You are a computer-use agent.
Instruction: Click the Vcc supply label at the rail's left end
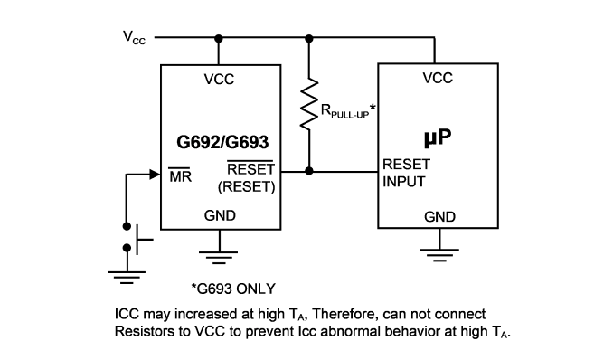(x=134, y=38)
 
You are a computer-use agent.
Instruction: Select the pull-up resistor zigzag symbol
(x=309, y=103)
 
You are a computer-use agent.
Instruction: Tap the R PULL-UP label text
(x=348, y=110)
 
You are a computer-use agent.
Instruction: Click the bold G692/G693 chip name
(x=222, y=142)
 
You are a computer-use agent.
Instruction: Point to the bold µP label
(x=438, y=137)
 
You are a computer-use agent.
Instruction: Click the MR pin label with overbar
(x=180, y=175)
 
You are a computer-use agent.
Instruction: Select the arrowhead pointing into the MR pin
(x=155, y=175)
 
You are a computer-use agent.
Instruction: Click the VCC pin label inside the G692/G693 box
(x=219, y=80)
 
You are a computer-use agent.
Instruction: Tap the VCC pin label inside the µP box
(x=438, y=78)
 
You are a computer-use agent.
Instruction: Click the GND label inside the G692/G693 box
(x=220, y=215)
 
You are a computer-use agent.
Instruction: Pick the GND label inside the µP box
(x=439, y=217)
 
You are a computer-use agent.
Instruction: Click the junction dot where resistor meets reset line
(x=309, y=171)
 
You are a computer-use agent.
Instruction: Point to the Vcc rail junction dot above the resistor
(x=309, y=38)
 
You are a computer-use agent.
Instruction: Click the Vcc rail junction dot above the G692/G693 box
(x=219, y=38)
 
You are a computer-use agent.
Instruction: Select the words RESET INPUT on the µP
(x=406, y=173)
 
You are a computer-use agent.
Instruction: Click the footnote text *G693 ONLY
(x=233, y=289)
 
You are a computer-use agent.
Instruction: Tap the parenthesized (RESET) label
(x=246, y=186)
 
